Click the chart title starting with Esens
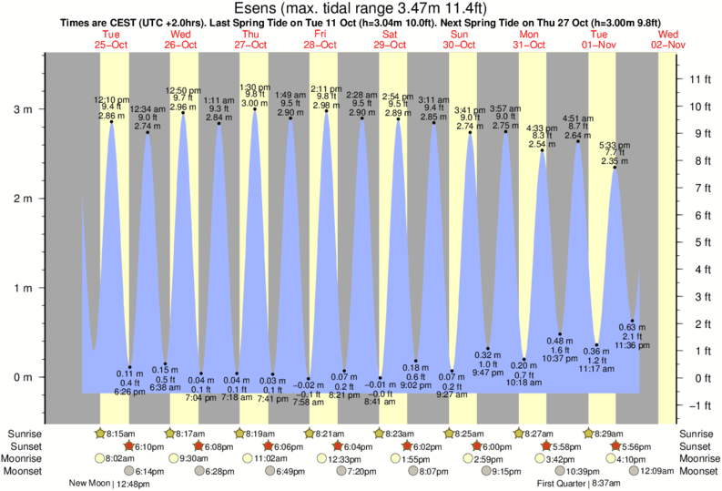[x=361, y=9]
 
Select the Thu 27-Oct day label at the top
[x=249, y=38]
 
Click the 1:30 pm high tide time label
[x=253, y=87]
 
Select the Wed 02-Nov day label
[x=667, y=38]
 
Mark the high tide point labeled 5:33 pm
[x=615, y=168]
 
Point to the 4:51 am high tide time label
[x=577, y=118]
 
